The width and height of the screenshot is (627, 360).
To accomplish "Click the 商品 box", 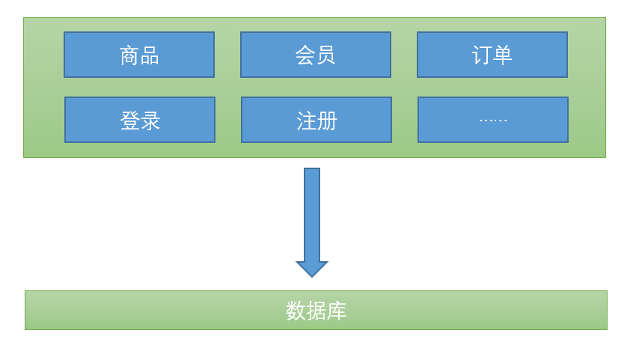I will pyautogui.click(x=139, y=55).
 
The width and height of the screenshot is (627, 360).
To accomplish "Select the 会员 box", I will pyautogui.click(x=315, y=55).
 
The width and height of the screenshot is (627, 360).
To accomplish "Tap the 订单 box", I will pyautogui.click(x=492, y=55).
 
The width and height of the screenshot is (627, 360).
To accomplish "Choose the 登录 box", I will pyautogui.click(x=140, y=120).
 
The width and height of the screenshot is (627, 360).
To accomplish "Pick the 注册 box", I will pyautogui.click(x=316, y=120).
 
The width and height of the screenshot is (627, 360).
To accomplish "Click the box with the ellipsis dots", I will pyautogui.click(x=493, y=120).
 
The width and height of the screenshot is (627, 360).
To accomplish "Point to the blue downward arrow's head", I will pyautogui.click(x=312, y=268).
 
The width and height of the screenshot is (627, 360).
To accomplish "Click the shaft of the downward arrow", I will pyautogui.click(x=312, y=213).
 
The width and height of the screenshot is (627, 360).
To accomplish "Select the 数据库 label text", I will pyautogui.click(x=316, y=311).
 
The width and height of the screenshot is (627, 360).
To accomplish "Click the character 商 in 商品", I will pyautogui.click(x=129, y=55).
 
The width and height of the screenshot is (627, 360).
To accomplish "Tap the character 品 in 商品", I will pyautogui.click(x=150, y=55).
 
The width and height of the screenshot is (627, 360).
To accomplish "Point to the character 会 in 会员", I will pyautogui.click(x=305, y=55).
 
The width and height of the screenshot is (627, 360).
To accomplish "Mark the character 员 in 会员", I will pyautogui.click(x=325, y=55).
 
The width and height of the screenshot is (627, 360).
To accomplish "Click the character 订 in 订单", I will pyautogui.click(x=482, y=55).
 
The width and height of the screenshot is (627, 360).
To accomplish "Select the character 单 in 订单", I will pyautogui.click(x=502, y=55).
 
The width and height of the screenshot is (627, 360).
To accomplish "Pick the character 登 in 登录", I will pyautogui.click(x=130, y=120).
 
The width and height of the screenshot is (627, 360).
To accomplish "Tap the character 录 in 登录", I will pyautogui.click(x=150, y=120).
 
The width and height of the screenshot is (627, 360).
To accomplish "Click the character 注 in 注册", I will pyautogui.click(x=307, y=120).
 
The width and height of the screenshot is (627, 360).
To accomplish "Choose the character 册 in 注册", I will pyautogui.click(x=327, y=120).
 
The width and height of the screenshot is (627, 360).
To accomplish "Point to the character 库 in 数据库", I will pyautogui.click(x=337, y=311).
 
